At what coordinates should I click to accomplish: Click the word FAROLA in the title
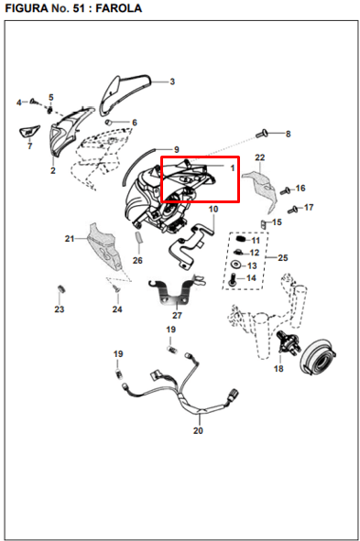click(x=118, y=8)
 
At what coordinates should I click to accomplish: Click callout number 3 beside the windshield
click(x=172, y=81)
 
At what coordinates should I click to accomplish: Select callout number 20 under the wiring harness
click(x=198, y=430)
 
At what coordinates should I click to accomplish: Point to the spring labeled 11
click(x=240, y=239)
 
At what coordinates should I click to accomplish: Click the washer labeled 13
click(x=236, y=265)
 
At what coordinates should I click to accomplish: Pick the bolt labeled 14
click(x=232, y=280)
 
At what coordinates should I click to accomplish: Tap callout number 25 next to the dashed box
click(x=283, y=258)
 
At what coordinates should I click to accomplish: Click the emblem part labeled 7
click(x=29, y=132)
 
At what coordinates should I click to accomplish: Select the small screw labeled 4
click(x=34, y=101)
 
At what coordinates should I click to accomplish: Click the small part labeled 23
click(x=61, y=288)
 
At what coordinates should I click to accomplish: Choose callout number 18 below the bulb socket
click(x=278, y=369)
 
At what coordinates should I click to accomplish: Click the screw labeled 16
click(x=285, y=190)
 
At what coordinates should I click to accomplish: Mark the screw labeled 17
click(x=293, y=209)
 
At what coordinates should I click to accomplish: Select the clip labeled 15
click(x=264, y=224)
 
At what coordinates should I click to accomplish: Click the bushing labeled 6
click(x=108, y=122)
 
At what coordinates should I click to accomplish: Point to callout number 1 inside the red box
click(x=233, y=168)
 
